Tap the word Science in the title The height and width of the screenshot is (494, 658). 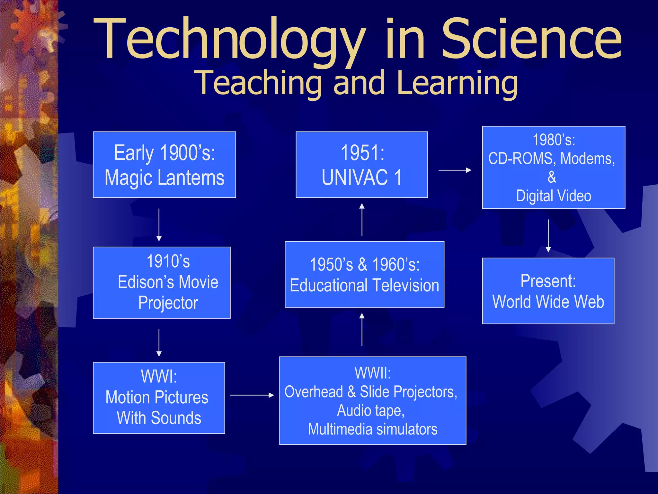point(532,39)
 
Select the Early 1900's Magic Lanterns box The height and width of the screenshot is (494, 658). point(164,165)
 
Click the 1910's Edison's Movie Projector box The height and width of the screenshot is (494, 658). point(162,283)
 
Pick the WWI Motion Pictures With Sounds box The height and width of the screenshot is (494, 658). point(159,398)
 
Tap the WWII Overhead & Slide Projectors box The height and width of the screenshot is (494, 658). point(372,401)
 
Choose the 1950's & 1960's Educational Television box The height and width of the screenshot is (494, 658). point(364,275)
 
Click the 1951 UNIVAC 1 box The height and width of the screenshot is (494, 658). point(361,165)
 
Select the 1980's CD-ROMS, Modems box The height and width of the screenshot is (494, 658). point(553,168)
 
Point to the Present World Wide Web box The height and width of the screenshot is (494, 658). point(548,291)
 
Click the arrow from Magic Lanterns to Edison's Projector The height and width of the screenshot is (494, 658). point(159,225)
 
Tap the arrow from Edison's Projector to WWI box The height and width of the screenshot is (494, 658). point(159,343)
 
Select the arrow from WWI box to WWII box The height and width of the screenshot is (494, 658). point(252,395)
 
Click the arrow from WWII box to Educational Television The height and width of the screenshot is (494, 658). point(362,329)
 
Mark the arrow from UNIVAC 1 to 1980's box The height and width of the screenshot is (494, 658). point(455,170)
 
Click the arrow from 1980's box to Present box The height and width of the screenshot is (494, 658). point(548,236)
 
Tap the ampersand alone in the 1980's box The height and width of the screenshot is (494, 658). point(552,177)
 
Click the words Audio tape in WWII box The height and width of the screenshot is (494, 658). point(370,411)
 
